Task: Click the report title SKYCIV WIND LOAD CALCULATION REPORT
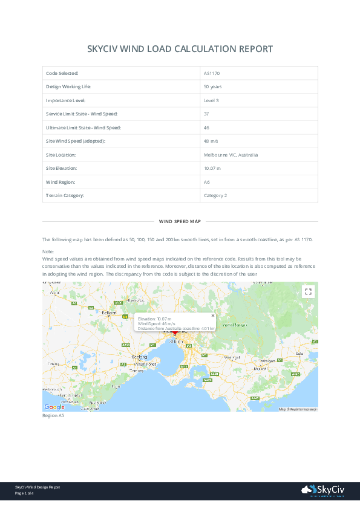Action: (x=180, y=49)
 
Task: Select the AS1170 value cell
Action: (x=211, y=73)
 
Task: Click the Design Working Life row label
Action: (x=68, y=86)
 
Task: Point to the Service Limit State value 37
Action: (x=206, y=114)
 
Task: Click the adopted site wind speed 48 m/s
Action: (x=211, y=141)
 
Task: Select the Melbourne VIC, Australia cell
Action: (x=231, y=155)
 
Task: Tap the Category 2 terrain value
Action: (x=215, y=195)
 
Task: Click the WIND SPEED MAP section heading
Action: (x=180, y=222)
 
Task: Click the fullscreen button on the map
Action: (x=309, y=291)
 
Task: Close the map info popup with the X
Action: (x=212, y=315)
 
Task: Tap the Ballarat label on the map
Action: (x=109, y=313)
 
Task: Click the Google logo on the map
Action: (x=54, y=407)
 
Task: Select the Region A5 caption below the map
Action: (x=53, y=416)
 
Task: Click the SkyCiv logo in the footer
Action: (x=323, y=490)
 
